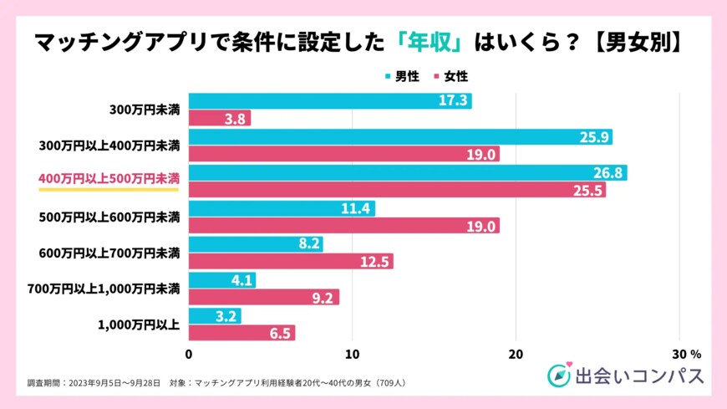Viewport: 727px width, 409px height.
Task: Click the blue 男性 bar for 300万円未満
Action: click(x=330, y=101)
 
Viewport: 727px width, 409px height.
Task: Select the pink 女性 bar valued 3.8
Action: click(x=220, y=119)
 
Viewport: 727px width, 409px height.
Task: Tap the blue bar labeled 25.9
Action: click(x=400, y=137)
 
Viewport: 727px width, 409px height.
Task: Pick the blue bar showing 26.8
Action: click(x=408, y=172)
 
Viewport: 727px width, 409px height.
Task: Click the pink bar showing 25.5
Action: click(x=397, y=191)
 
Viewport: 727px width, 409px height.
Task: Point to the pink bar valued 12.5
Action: click(x=291, y=262)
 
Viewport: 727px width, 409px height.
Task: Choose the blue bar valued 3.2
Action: click(x=215, y=315)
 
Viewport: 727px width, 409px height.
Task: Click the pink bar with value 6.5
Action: click(x=241, y=333)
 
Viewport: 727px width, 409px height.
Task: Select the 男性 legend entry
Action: click(x=402, y=76)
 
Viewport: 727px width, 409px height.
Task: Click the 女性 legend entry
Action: click(x=451, y=76)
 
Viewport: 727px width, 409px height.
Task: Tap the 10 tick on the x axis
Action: click(x=353, y=353)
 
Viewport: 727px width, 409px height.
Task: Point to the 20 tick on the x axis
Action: click(x=516, y=353)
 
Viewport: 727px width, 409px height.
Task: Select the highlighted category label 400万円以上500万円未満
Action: click(x=109, y=179)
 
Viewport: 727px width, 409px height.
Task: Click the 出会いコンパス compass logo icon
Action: click(x=558, y=376)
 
